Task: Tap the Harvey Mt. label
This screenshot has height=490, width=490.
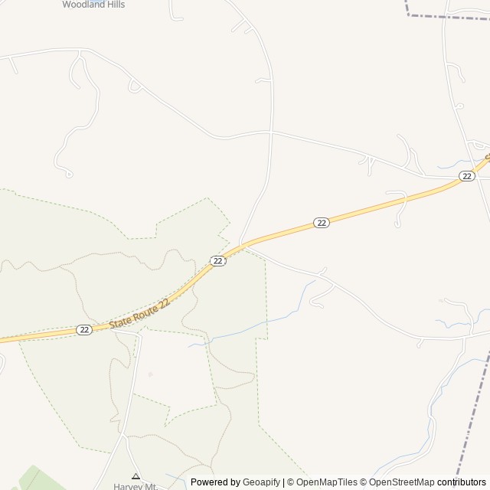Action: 136,485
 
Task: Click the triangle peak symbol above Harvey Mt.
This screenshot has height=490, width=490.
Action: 136,475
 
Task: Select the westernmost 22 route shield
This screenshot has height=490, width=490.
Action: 84,329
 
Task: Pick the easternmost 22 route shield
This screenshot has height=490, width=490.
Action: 466,176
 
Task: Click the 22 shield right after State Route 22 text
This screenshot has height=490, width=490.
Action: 218,261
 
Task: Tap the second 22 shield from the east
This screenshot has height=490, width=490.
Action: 322,223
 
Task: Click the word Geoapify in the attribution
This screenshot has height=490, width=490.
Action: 262,482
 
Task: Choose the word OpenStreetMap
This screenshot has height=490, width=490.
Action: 402,482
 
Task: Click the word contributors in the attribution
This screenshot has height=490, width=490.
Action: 462,482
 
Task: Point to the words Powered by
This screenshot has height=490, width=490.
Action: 215,482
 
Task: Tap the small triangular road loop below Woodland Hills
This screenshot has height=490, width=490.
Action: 135,87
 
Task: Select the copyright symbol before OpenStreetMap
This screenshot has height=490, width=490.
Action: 364,482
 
